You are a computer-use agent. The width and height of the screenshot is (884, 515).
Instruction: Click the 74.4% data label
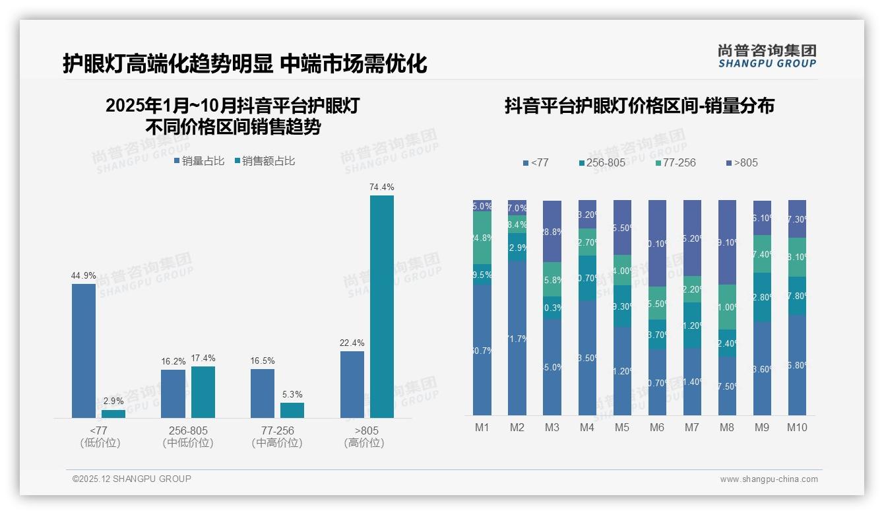[x=381, y=188]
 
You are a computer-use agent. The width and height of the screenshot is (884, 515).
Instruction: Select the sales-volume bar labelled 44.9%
[x=84, y=351]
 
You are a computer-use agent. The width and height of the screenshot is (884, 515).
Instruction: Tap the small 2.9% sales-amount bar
[x=113, y=414]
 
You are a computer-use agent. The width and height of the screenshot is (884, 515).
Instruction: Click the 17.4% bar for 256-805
[x=203, y=392]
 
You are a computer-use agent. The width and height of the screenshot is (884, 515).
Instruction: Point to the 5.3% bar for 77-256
[x=292, y=410]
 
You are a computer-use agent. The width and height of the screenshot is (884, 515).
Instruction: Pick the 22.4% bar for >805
[x=352, y=384]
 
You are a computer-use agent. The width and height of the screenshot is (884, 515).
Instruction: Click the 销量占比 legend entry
[x=199, y=161]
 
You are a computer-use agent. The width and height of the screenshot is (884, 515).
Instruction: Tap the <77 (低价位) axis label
[x=100, y=436]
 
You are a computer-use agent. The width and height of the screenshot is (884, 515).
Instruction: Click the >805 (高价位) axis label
[x=363, y=436]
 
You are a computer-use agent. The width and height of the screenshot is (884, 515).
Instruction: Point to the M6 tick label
[x=656, y=427]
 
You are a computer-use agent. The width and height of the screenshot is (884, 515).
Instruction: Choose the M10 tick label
[x=797, y=427]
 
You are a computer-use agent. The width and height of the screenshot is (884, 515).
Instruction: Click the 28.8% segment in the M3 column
[x=552, y=232]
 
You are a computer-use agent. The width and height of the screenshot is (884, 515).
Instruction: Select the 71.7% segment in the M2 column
[x=517, y=338]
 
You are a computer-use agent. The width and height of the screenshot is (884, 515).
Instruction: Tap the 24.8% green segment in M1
[x=482, y=238]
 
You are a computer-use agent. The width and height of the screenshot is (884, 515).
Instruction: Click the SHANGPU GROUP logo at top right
[x=767, y=56]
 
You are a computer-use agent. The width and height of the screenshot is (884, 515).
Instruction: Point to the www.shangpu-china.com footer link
[x=769, y=479]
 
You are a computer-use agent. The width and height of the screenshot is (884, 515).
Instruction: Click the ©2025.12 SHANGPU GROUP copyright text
[x=132, y=479]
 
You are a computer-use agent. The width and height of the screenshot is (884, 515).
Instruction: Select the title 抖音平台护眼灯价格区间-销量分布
[x=639, y=106]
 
